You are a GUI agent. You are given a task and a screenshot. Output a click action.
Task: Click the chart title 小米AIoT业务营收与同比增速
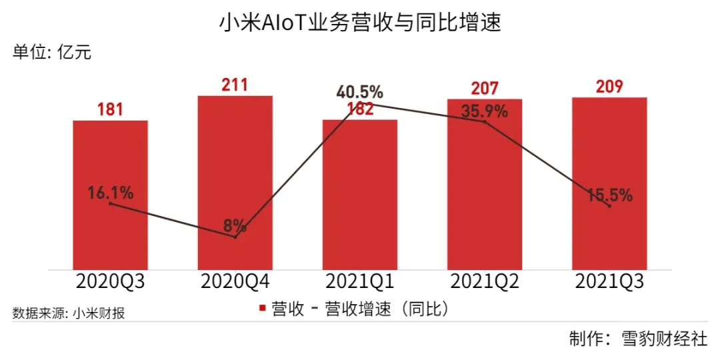(360, 24)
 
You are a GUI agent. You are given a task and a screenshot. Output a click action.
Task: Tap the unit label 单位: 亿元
(52, 53)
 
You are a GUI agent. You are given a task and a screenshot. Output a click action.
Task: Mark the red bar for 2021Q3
(609, 153)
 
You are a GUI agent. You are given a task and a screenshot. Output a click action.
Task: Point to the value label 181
(110, 109)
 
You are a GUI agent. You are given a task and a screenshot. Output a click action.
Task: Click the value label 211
(235, 85)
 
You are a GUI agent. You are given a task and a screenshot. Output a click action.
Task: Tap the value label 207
(485, 88)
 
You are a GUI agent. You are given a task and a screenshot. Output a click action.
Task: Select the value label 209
(609, 87)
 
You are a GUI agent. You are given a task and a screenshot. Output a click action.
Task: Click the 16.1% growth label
(110, 193)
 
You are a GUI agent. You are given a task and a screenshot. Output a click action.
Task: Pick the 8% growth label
(235, 225)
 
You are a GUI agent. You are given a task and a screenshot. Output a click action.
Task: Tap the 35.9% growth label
(485, 111)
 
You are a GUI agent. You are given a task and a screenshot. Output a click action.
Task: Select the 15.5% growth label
(609, 195)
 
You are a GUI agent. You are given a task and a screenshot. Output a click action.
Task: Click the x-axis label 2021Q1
(360, 281)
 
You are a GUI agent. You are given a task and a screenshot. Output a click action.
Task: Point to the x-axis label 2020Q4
(235, 281)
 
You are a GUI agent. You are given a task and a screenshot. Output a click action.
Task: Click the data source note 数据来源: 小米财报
(69, 313)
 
